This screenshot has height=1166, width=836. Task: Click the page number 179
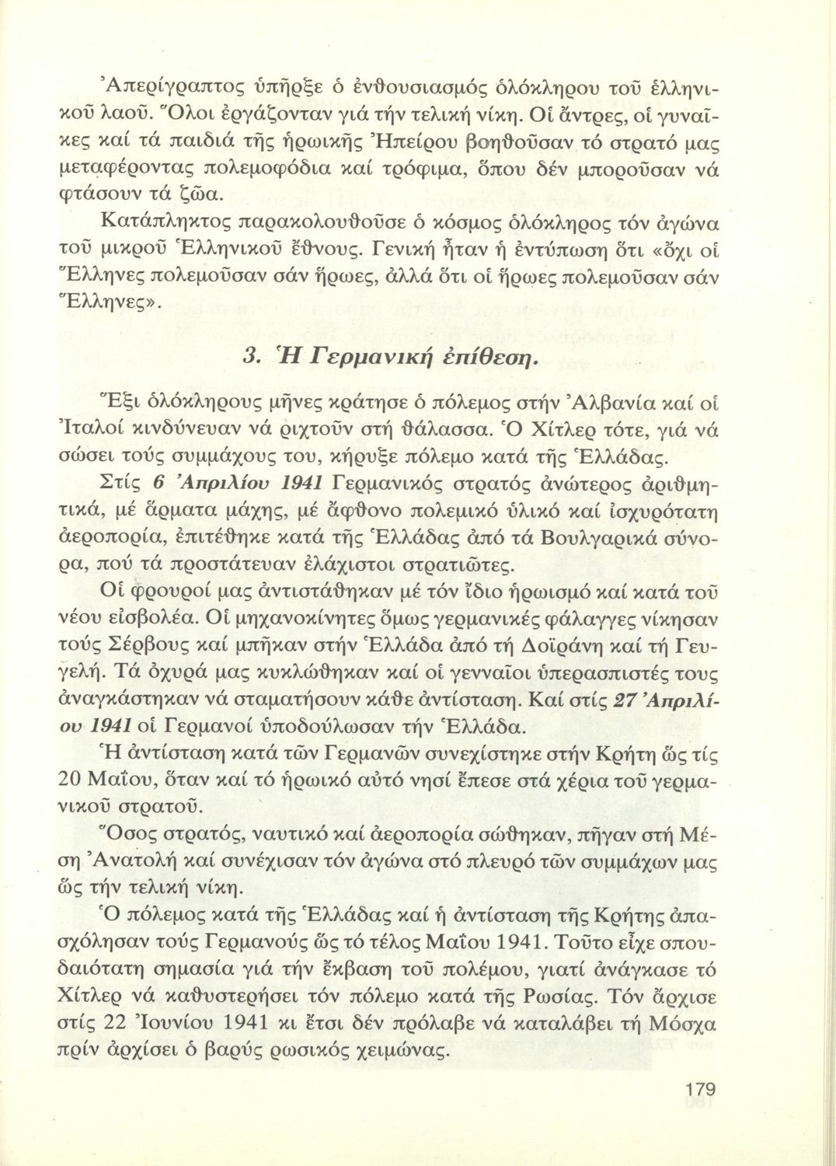(x=696, y=1089)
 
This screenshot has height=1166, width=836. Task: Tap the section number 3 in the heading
(x=250, y=357)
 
